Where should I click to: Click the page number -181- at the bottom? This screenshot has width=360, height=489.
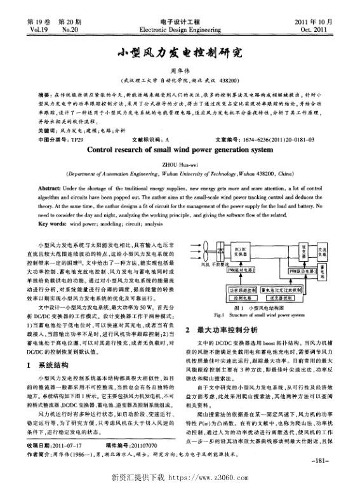pos(321,460)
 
